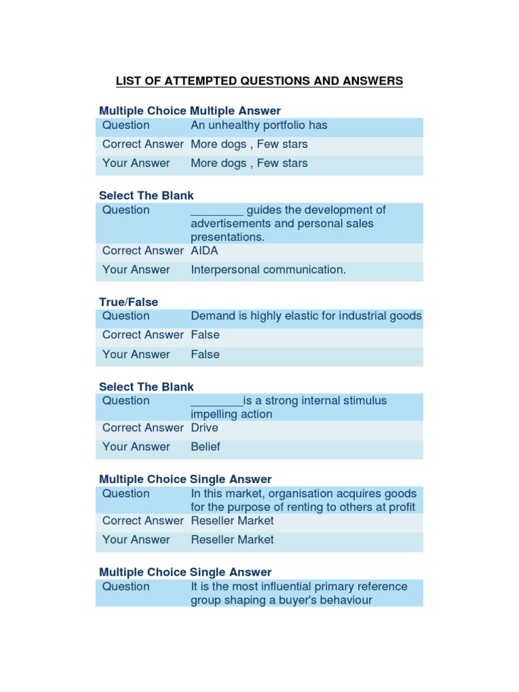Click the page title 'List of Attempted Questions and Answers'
(259, 81)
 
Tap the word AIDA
(205, 251)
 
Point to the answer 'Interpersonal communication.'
(268, 270)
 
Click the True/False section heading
(128, 302)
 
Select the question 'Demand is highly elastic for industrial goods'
(306, 316)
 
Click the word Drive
(205, 428)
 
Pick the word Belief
(205, 447)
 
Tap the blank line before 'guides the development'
(217, 211)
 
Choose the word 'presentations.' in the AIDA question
(228, 237)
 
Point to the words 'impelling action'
(232, 414)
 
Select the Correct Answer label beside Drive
(143, 428)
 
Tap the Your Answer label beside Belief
(136, 447)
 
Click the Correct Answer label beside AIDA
(143, 251)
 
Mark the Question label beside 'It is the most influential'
(126, 587)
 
